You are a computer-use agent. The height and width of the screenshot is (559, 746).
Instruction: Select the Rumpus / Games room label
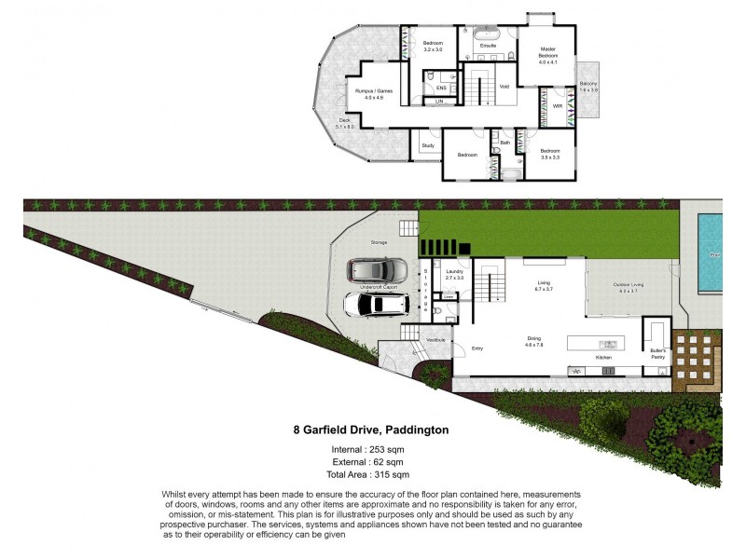coord(373,91)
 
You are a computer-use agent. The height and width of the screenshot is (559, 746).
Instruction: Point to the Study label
coord(428,145)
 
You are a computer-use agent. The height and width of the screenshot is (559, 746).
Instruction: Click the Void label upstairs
coord(504,87)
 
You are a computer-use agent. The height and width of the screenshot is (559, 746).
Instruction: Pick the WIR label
coord(558,106)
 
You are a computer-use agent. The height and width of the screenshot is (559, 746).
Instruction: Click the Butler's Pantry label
coord(658,354)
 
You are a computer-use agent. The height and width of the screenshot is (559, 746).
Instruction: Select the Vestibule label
coord(435,340)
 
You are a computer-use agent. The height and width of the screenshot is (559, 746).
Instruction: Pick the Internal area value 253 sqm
coord(386,450)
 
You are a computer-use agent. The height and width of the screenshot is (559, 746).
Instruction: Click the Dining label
coord(533,340)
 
